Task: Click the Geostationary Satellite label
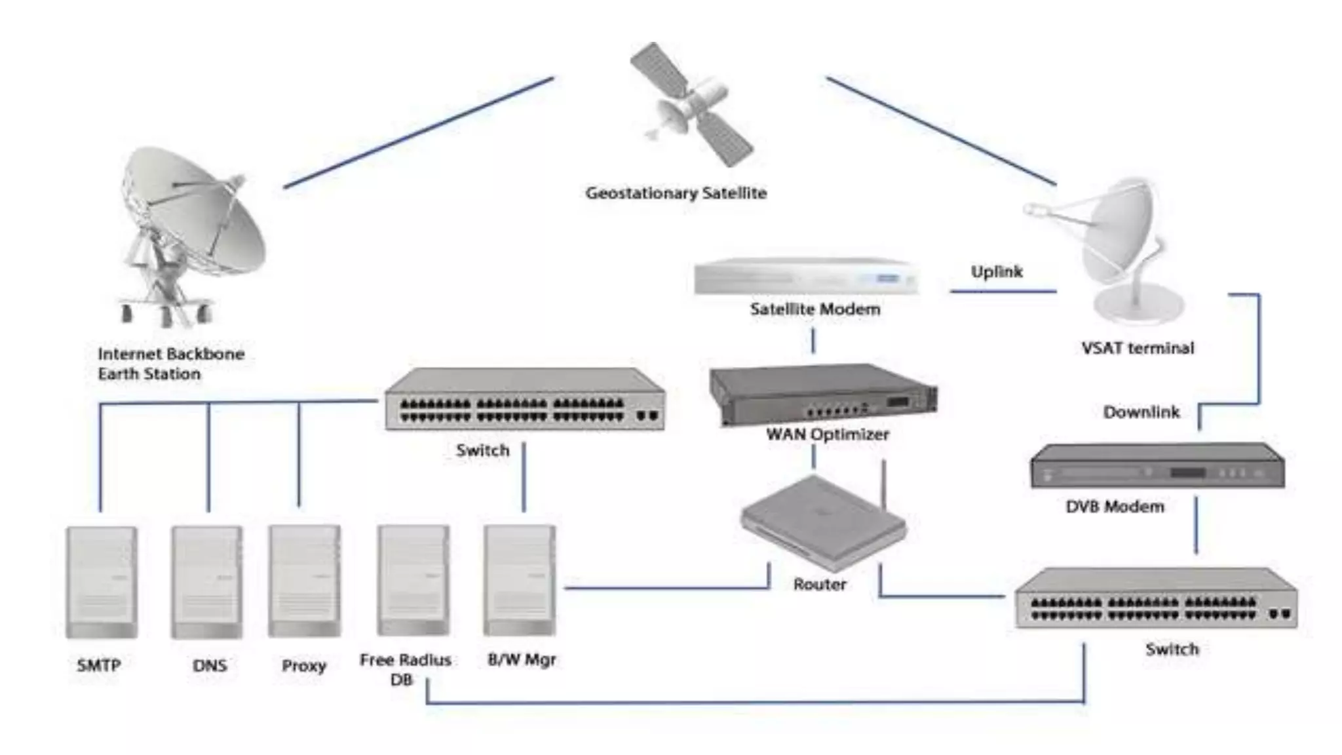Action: (676, 193)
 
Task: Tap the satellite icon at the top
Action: (692, 105)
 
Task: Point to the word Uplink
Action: (996, 271)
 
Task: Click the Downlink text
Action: (1141, 412)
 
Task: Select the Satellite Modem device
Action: (806, 277)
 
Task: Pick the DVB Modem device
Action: (1157, 467)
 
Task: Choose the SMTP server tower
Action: (102, 582)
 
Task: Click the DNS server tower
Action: (207, 582)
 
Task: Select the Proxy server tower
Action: (304, 581)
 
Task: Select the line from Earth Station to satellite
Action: (419, 132)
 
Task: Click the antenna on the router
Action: (883, 485)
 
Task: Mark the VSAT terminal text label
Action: (1138, 348)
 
